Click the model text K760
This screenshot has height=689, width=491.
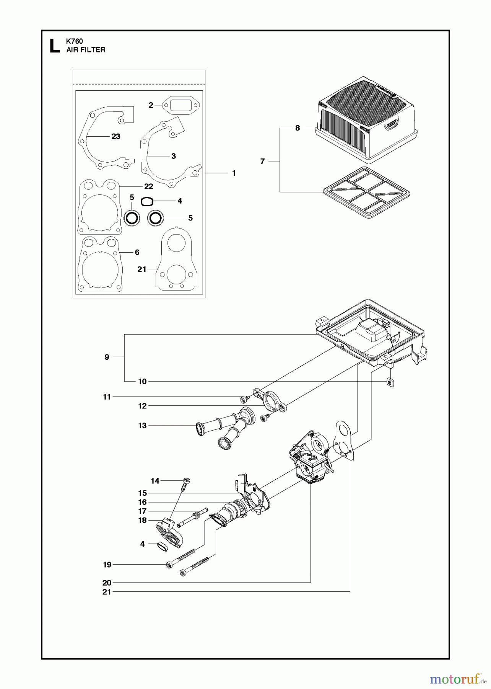click(x=75, y=41)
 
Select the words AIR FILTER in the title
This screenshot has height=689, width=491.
click(x=86, y=50)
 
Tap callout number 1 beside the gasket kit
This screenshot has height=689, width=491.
click(x=234, y=173)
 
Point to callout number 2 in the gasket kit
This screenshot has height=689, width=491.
click(x=151, y=105)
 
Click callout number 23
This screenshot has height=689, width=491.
click(x=116, y=136)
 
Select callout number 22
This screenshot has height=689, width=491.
click(x=148, y=186)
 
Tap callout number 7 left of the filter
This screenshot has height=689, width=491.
click(x=262, y=162)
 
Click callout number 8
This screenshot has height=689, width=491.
click(x=298, y=128)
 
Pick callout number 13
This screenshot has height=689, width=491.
click(x=142, y=426)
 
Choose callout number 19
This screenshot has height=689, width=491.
click(x=107, y=565)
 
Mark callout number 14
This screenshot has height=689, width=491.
click(x=155, y=481)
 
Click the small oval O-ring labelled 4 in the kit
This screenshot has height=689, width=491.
click(x=147, y=201)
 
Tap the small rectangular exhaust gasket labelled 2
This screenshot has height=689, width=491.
click(x=177, y=104)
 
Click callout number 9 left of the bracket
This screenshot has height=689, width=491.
click(x=107, y=357)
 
